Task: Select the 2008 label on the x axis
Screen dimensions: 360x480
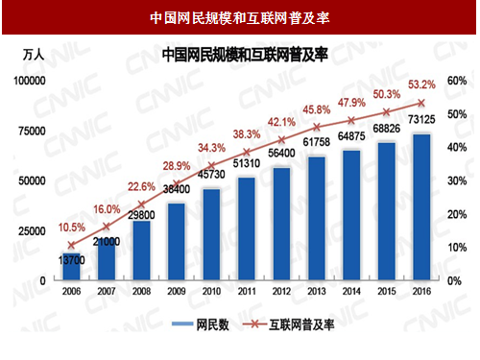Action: pos(139,292)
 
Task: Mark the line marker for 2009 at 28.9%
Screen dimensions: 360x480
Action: pos(175,184)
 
